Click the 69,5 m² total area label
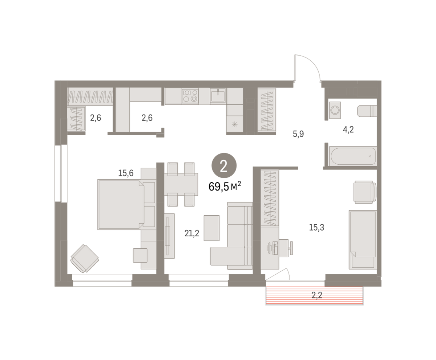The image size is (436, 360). [x=225, y=186]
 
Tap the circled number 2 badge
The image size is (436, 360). [x=224, y=165]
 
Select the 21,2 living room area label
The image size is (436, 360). [x=192, y=233]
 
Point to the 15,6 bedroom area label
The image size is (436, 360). [x=126, y=173]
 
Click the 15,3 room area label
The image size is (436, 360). [x=316, y=227]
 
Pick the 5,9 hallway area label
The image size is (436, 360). [x=298, y=134]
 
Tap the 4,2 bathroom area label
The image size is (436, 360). [x=348, y=130]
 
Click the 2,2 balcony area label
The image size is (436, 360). [x=317, y=295]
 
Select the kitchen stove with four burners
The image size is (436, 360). [x=190, y=96]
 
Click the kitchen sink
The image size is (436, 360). [x=218, y=96]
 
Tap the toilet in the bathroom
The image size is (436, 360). [x=367, y=111]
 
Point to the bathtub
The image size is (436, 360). [x=353, y=156]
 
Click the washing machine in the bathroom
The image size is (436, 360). [x=335, y=110]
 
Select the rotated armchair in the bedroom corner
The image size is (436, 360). [x=85, y=259]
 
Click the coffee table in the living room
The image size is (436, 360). [x=211, y=228]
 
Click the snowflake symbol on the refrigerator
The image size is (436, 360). [x=235, y=125]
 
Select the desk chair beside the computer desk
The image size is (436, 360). [x=286, y=248]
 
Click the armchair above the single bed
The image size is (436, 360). [x=365, y=192]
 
